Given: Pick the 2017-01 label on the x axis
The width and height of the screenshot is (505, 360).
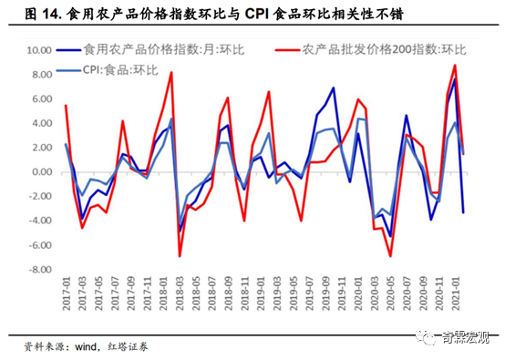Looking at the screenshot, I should click(65, 296).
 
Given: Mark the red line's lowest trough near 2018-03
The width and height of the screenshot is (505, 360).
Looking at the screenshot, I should click(179, 256).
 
